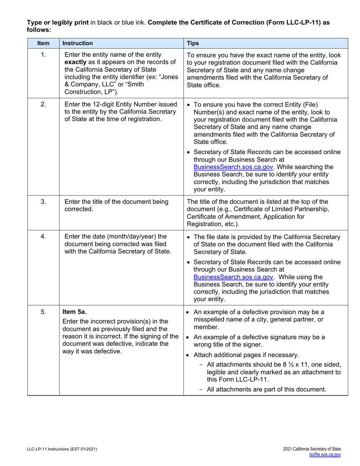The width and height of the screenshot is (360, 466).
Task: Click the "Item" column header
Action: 43,43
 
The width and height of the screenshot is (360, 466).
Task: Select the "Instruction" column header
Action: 77,43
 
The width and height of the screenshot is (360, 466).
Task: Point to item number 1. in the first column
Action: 43,55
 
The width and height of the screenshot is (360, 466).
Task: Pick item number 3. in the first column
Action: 43,202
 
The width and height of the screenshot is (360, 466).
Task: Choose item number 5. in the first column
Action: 43,312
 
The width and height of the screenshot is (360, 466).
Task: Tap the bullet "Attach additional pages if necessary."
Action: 246,355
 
